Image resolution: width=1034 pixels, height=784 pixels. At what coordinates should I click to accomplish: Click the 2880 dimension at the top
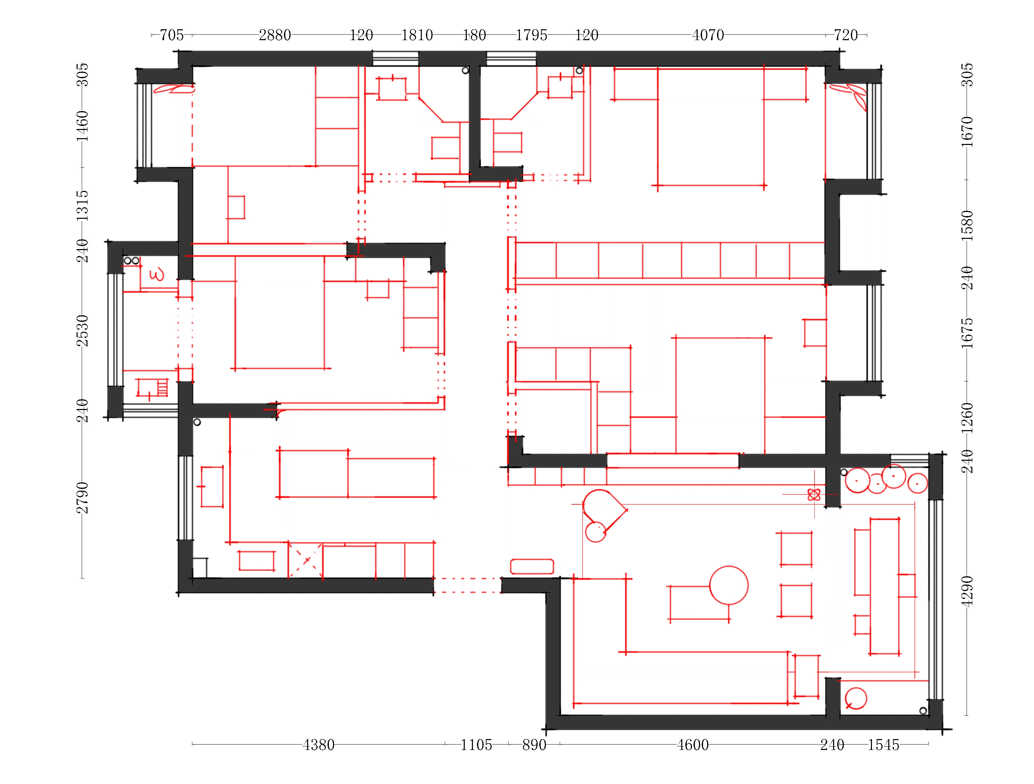(x=275, y=35)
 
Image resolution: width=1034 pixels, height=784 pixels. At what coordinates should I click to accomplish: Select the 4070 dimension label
(x=708, y=35)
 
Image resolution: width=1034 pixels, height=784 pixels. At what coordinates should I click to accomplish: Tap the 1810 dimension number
(x=417, y=35)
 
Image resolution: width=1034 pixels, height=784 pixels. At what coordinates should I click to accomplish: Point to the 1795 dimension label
(x=531, y=35)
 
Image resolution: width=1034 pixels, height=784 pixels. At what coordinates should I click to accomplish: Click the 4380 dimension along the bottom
(x=318, y=745)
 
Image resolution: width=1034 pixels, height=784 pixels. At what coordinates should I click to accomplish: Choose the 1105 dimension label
(x=476, y=745)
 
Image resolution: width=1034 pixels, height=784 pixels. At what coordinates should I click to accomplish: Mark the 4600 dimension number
(x=693, y=745)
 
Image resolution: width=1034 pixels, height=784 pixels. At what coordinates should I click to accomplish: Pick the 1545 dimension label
(x=884, y=745)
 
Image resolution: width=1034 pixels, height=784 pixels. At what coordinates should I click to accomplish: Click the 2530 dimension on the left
(x=82, y=331)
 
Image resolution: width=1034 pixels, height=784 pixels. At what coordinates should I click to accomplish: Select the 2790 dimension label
(x=82, y=497)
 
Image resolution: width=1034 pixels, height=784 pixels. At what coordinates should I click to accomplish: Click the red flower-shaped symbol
(x=814, y=495)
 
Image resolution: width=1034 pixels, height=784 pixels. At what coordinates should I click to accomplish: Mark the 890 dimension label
(x=534, y=745)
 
